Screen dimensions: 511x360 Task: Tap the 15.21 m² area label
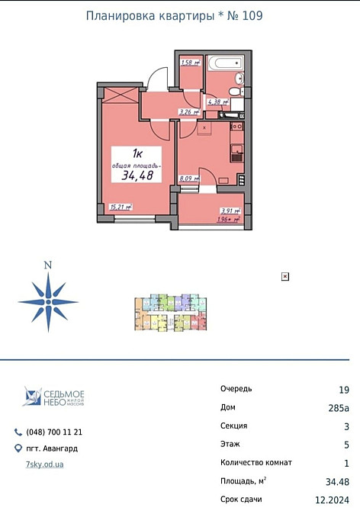click(121, 206)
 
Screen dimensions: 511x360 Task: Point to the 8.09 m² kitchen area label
click(189, 179)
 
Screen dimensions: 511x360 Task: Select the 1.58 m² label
click(190, 63)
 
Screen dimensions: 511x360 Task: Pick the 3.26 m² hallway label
click(188, 112)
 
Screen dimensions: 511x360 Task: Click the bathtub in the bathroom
click(224, 63)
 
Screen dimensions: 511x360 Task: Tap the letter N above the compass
click(48, 265)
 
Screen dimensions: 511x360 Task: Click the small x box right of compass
click(285, 276)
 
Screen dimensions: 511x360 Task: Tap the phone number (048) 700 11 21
click(54, 432)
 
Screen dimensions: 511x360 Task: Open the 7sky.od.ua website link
click(43, 464)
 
